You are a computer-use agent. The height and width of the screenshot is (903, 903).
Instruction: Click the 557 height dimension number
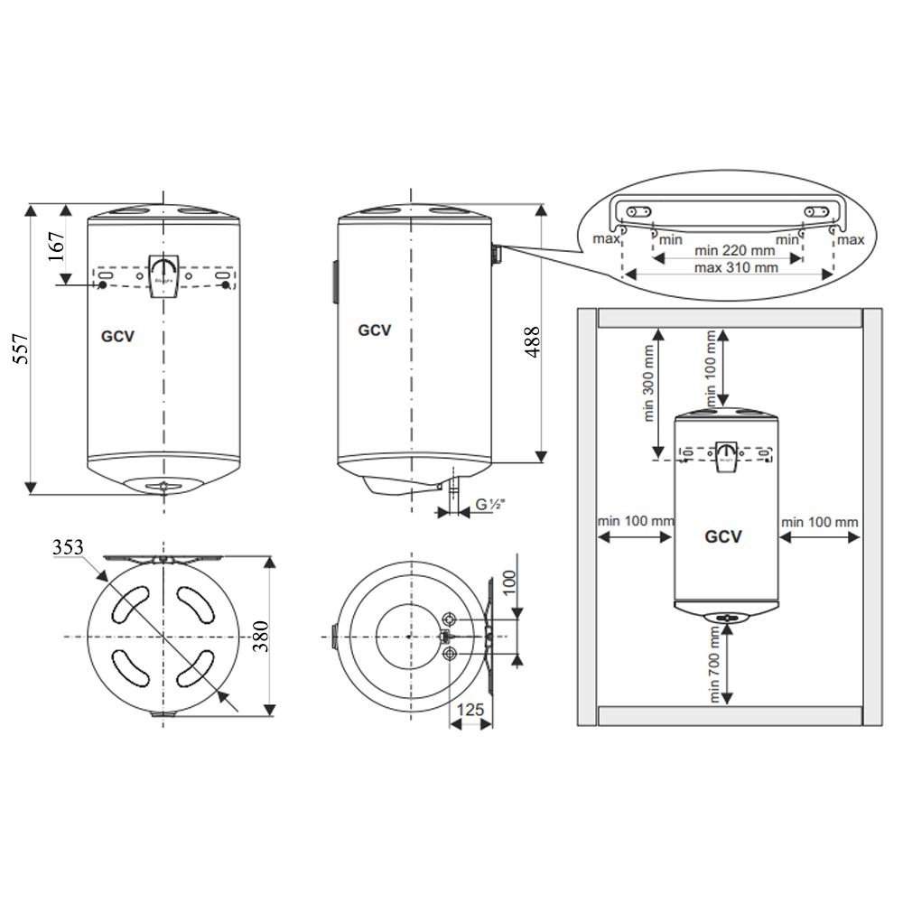coord(21,349)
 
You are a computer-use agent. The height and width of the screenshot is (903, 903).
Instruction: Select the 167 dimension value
coord(56,247)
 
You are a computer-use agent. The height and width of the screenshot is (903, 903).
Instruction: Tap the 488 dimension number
coord(533,341)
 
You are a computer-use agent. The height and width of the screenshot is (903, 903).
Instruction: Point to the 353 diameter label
coord(68,546)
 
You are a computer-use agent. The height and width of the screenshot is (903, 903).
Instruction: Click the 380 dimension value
coord(261,636)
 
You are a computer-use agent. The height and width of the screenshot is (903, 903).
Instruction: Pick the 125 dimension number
coord(470,709)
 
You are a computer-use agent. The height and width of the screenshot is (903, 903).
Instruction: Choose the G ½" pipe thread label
coord(490,505)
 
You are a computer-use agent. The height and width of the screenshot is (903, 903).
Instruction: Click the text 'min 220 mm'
coord(734,250)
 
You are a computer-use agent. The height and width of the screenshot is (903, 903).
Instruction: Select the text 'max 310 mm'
coord(736,267)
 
